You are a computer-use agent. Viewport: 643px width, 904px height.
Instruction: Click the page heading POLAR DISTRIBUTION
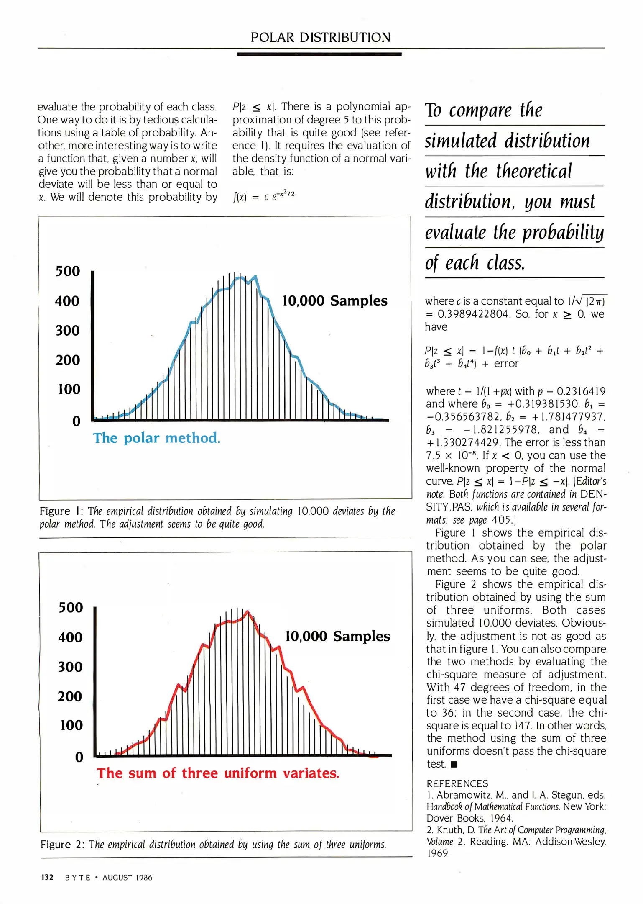point(320,38)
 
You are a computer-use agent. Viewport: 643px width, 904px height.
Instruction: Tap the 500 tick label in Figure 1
point(68,271)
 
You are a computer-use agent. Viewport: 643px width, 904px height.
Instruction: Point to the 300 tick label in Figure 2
point(70,667)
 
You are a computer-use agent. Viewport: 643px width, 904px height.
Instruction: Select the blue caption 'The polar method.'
point(156,438)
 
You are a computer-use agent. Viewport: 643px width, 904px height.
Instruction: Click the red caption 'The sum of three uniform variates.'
point(218,773)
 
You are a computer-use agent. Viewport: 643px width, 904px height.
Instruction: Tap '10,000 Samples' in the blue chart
point(334,300)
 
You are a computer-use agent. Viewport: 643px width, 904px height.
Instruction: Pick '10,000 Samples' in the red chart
point(337,636)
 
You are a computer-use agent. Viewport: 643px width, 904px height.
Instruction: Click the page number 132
point(47,878)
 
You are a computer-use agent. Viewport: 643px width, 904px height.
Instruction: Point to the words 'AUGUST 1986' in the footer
point(128,878)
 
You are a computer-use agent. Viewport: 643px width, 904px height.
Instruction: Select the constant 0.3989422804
point(474,314)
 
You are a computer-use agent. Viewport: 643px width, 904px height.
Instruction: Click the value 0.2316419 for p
point(581,391)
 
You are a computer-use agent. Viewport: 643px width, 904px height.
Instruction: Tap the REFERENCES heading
point(457,783)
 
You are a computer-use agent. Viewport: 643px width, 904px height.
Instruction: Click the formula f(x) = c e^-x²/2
point(264,195)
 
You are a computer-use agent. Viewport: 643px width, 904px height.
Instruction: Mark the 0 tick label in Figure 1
point(77,421)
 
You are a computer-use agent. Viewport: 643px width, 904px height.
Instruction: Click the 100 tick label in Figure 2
point(71,725)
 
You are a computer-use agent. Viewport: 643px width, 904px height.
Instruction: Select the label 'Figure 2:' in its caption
point(62,845)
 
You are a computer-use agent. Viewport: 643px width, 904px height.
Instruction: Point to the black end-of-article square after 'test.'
point(454,764)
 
